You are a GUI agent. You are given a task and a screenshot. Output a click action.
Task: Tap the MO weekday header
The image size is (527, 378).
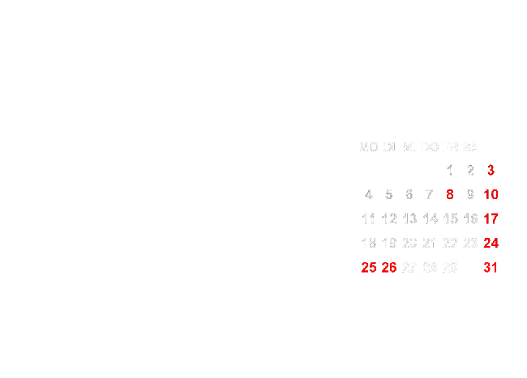368,147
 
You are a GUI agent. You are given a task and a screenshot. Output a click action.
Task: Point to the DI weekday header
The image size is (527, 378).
388,147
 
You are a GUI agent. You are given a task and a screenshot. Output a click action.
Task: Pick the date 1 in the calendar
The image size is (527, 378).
450,170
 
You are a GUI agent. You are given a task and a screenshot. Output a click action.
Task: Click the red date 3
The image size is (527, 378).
491,170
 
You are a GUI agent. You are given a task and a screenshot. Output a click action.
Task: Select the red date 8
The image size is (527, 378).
450,194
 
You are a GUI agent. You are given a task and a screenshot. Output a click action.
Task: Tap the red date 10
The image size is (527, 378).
491,194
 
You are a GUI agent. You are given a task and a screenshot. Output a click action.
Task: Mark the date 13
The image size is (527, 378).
409,219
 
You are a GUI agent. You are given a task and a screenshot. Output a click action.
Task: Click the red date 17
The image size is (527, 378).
491,219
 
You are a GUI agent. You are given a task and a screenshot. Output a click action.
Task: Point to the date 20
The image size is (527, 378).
409,243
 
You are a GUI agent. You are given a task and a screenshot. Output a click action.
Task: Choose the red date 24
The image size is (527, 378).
491,243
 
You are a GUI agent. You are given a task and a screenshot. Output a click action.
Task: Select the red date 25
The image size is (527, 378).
368,267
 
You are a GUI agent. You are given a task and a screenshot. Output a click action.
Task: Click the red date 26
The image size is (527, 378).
389,267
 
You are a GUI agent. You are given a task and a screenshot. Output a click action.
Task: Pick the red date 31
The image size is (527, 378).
491,267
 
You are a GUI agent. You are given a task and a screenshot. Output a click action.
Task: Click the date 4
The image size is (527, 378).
368,194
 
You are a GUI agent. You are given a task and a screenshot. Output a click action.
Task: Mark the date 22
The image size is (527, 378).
450,243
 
